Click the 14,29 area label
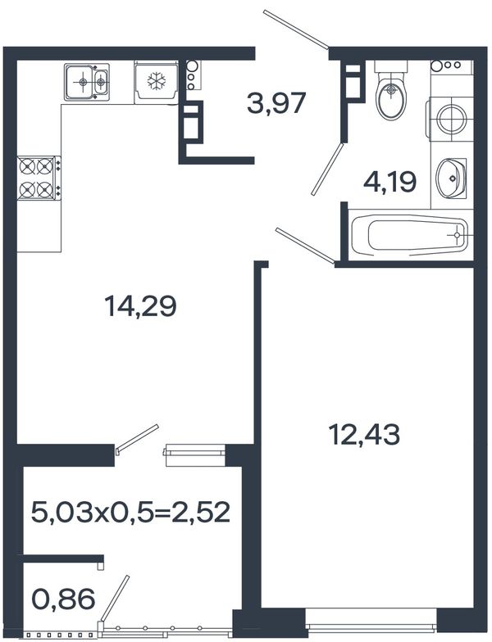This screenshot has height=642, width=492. coord(141,307)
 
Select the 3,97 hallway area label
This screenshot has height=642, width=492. coord(276,103)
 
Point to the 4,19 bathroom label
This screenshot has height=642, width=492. coord(390,182)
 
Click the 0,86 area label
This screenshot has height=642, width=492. coord(63,599)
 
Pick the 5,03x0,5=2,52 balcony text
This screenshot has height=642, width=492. coord(130,512)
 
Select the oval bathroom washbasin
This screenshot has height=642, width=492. coord(451,178)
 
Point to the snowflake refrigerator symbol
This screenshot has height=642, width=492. coord(156,81)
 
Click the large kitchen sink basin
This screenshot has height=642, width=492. coord(80,83)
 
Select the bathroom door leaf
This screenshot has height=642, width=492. coord(326,169)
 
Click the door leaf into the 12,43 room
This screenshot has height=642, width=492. coord(305,245)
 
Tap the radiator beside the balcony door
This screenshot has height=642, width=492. coord(195,455)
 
